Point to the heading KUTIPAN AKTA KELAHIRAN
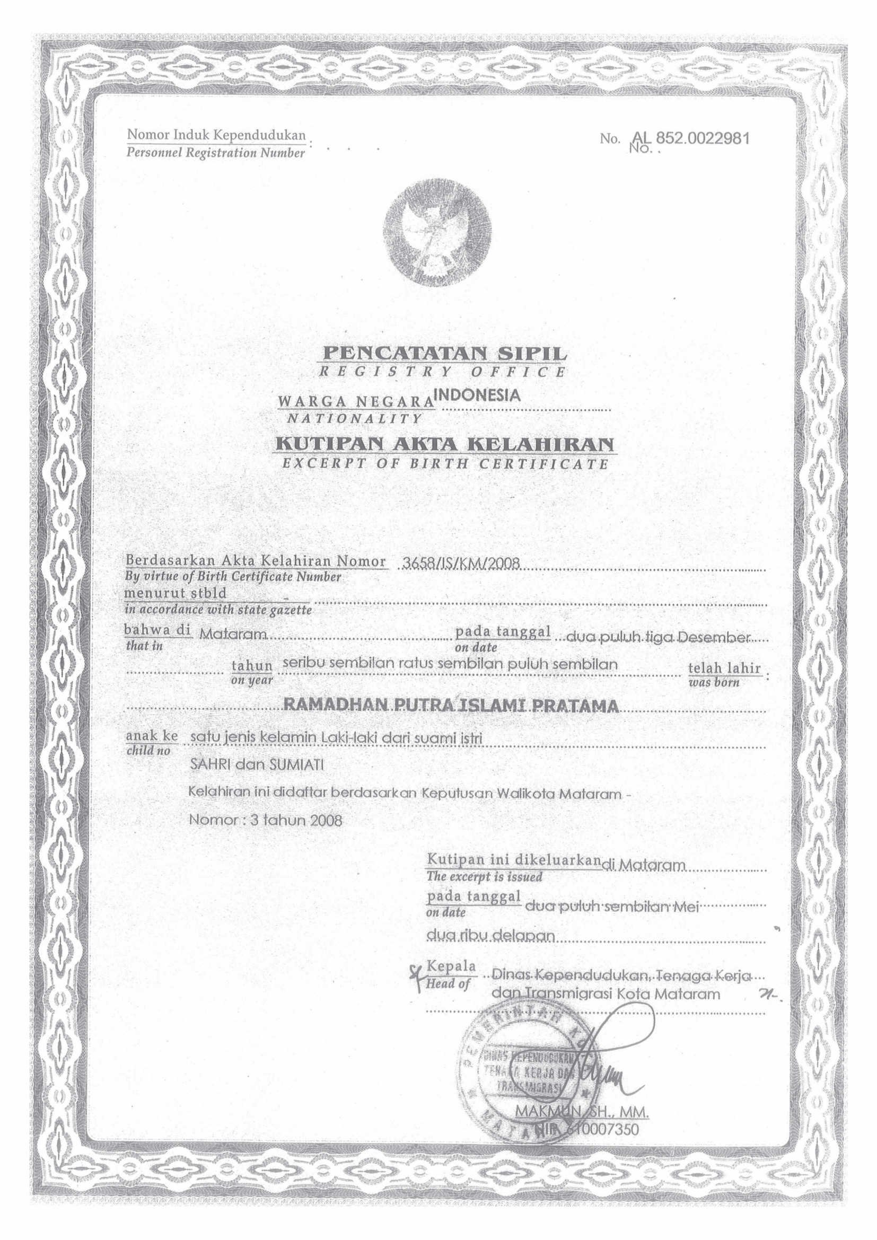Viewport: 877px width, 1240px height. point(445,444)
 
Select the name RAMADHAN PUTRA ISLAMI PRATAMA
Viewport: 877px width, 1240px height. point(451,706)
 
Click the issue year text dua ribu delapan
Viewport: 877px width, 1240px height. point(490,935)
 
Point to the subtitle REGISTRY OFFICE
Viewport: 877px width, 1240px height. point(443,372)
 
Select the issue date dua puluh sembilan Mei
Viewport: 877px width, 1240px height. point(612,907)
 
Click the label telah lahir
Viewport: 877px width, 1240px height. point(724,667)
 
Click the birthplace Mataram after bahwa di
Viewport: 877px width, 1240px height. point(232,635)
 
